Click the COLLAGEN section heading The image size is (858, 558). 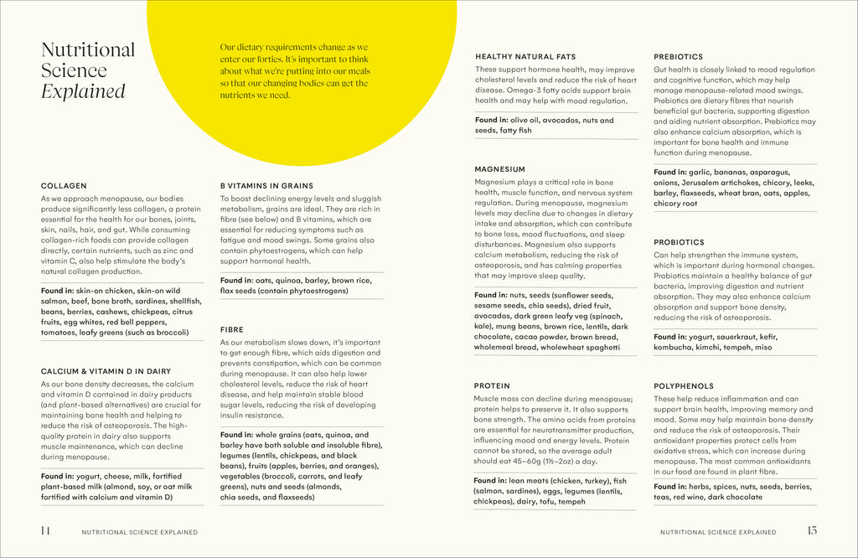64,185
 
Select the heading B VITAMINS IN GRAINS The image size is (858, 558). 266,185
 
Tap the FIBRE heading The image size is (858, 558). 232,329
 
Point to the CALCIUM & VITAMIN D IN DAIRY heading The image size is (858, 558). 106,370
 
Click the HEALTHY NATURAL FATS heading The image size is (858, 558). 525,56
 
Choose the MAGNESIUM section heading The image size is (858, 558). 499,168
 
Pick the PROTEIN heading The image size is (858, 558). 492,386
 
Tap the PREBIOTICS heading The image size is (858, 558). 678,56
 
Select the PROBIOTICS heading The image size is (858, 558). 679,242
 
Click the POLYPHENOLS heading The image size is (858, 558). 684,386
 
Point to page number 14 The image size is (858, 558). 45,530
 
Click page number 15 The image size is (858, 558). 811,530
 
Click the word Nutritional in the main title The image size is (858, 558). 88,49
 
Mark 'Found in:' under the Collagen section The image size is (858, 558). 58,291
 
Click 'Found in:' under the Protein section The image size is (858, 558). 491,481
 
